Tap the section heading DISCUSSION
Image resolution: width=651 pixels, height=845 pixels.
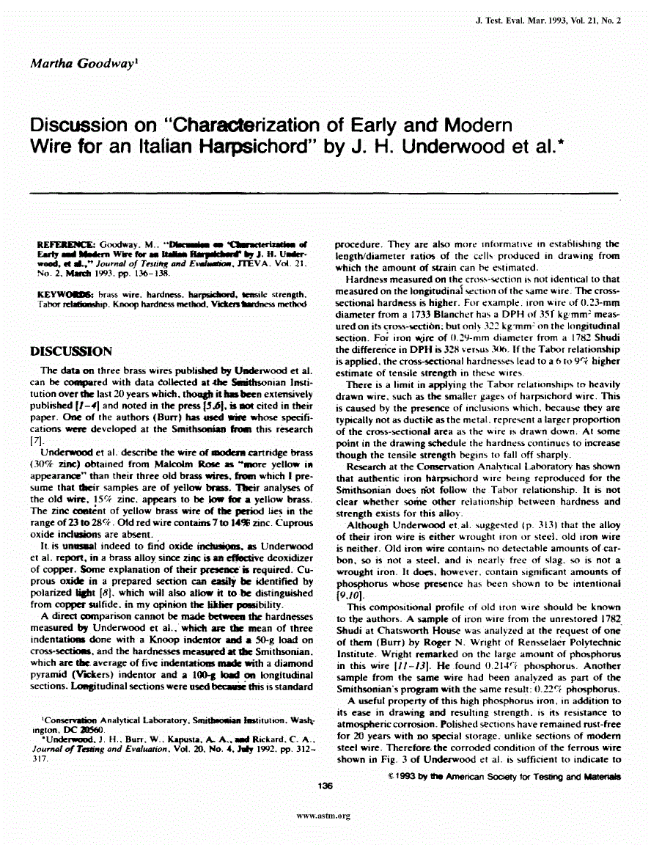[70, 351]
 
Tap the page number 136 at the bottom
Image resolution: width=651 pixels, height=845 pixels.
[326, 786]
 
